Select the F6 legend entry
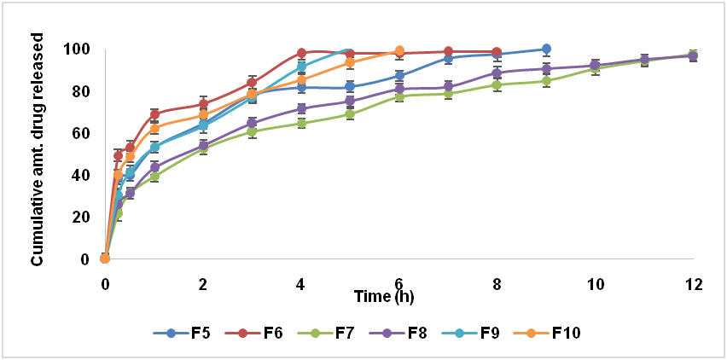click(x=253, y=333)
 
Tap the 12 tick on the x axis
click(x=694, y=285)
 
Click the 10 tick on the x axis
click(x=596, y=285)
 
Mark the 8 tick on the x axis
click(x=497, y=285)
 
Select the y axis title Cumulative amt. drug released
click(x=38, y=149)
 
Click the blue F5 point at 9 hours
click(x=546, y=49)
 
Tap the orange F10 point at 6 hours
click(x=399, y=51)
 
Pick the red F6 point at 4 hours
click(x=301, y=53)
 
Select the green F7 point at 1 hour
click(x=154, y=177)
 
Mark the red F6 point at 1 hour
click(x=154, y=114)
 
